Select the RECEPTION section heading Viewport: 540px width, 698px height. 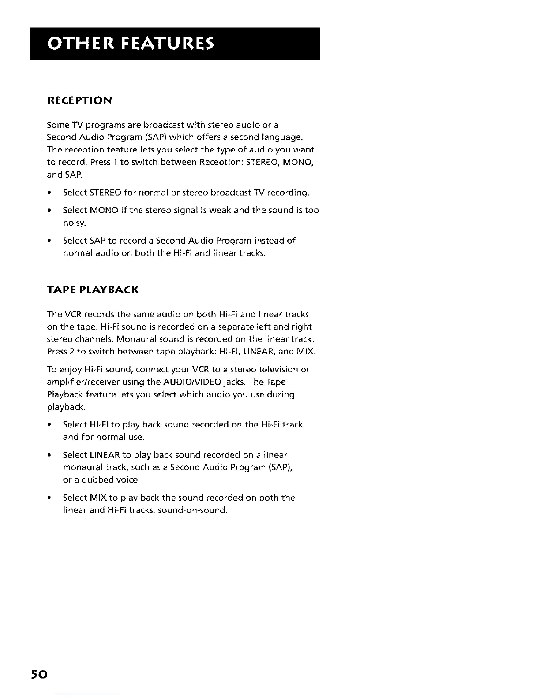(x=80, y=100)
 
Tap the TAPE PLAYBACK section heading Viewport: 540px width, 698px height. (x=93, y=290)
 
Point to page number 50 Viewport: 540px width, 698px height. (x=39, y=675)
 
